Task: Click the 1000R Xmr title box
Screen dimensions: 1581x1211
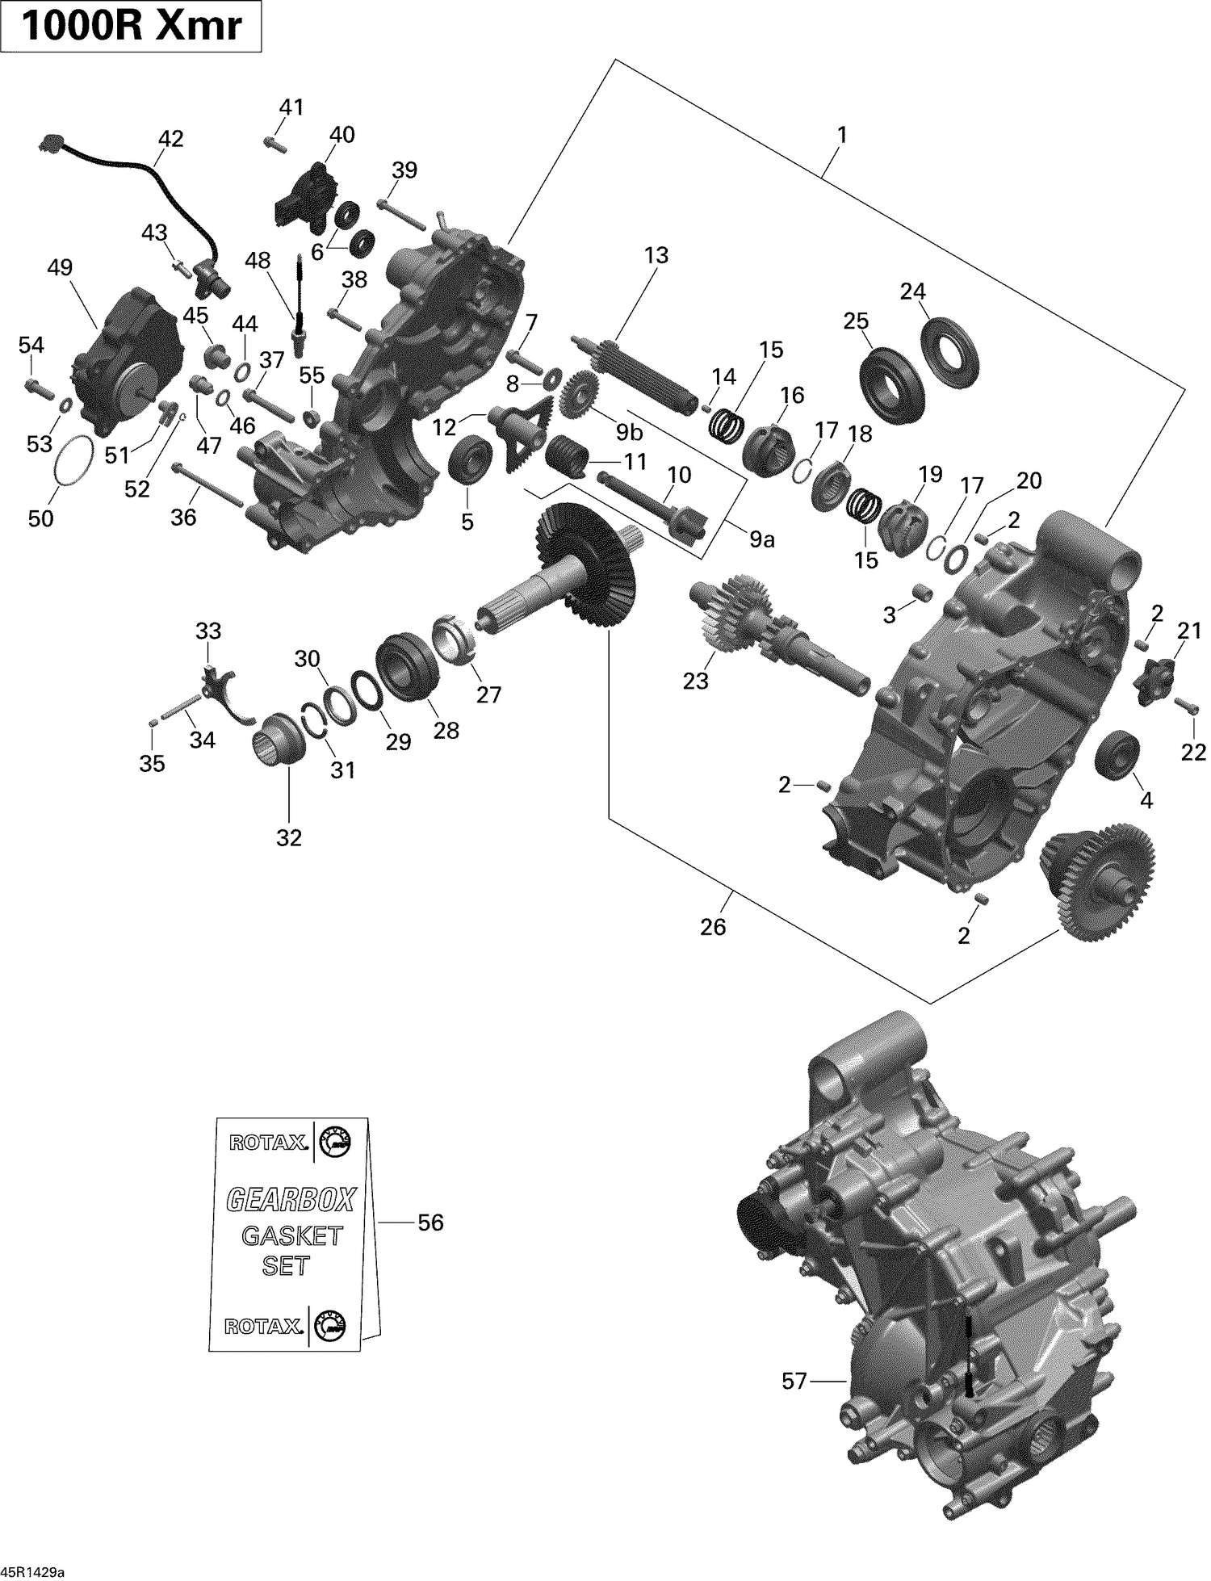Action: [131, 27]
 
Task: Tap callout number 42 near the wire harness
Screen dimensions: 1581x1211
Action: [170, 139]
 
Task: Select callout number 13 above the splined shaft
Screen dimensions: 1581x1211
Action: [656, 256]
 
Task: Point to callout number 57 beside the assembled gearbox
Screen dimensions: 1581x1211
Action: [794, 1382]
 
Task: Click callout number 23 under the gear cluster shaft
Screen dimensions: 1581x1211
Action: [695, 681]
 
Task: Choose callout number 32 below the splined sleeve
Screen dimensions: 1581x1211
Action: [288, 838]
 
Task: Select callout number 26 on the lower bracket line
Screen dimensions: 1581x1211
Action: [713, 926]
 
